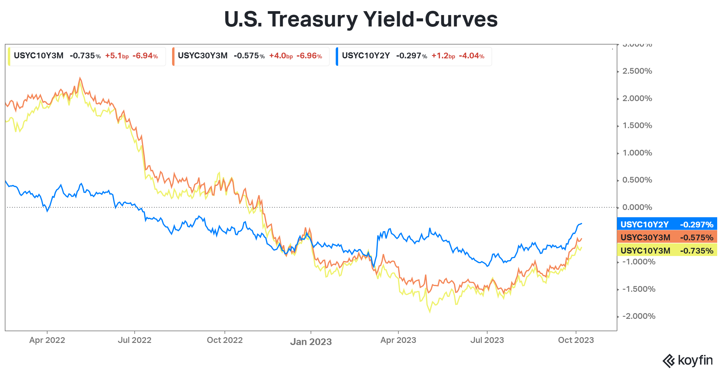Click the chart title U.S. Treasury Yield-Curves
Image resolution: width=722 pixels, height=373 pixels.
coord(361,19)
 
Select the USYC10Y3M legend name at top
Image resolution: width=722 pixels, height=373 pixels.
coord(39,56)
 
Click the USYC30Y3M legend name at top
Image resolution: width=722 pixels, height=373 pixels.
coord(202,56)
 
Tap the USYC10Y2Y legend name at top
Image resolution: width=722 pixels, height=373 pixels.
coord(366,56)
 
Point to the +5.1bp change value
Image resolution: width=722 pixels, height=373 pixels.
coord(117,56)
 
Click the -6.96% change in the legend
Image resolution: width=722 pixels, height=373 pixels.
coord(309,56)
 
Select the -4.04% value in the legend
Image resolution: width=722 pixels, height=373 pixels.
coord(471,56)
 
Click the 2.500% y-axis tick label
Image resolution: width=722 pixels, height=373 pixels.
coord(637,71)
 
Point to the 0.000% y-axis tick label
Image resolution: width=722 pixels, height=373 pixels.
coord(637,207)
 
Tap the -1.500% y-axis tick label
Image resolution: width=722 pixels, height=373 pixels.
coord(638,289)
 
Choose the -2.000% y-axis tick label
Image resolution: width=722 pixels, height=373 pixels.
coord(638,316)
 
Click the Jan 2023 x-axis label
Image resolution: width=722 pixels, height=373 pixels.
coord(311,342)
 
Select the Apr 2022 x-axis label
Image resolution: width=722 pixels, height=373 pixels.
coord(47,340)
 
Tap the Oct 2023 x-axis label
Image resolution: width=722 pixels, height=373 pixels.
coord(576,340)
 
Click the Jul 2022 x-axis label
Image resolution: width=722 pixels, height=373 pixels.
coord(134,340)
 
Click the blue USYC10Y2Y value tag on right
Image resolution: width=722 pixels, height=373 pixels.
coord(667,224)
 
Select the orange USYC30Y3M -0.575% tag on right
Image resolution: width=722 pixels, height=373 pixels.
coord(667,237)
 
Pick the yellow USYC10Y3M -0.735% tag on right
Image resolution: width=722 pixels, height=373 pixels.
coord(667,251)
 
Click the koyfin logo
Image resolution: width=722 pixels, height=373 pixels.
coord(687,360)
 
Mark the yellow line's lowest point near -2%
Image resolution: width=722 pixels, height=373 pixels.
coord(430,312)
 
